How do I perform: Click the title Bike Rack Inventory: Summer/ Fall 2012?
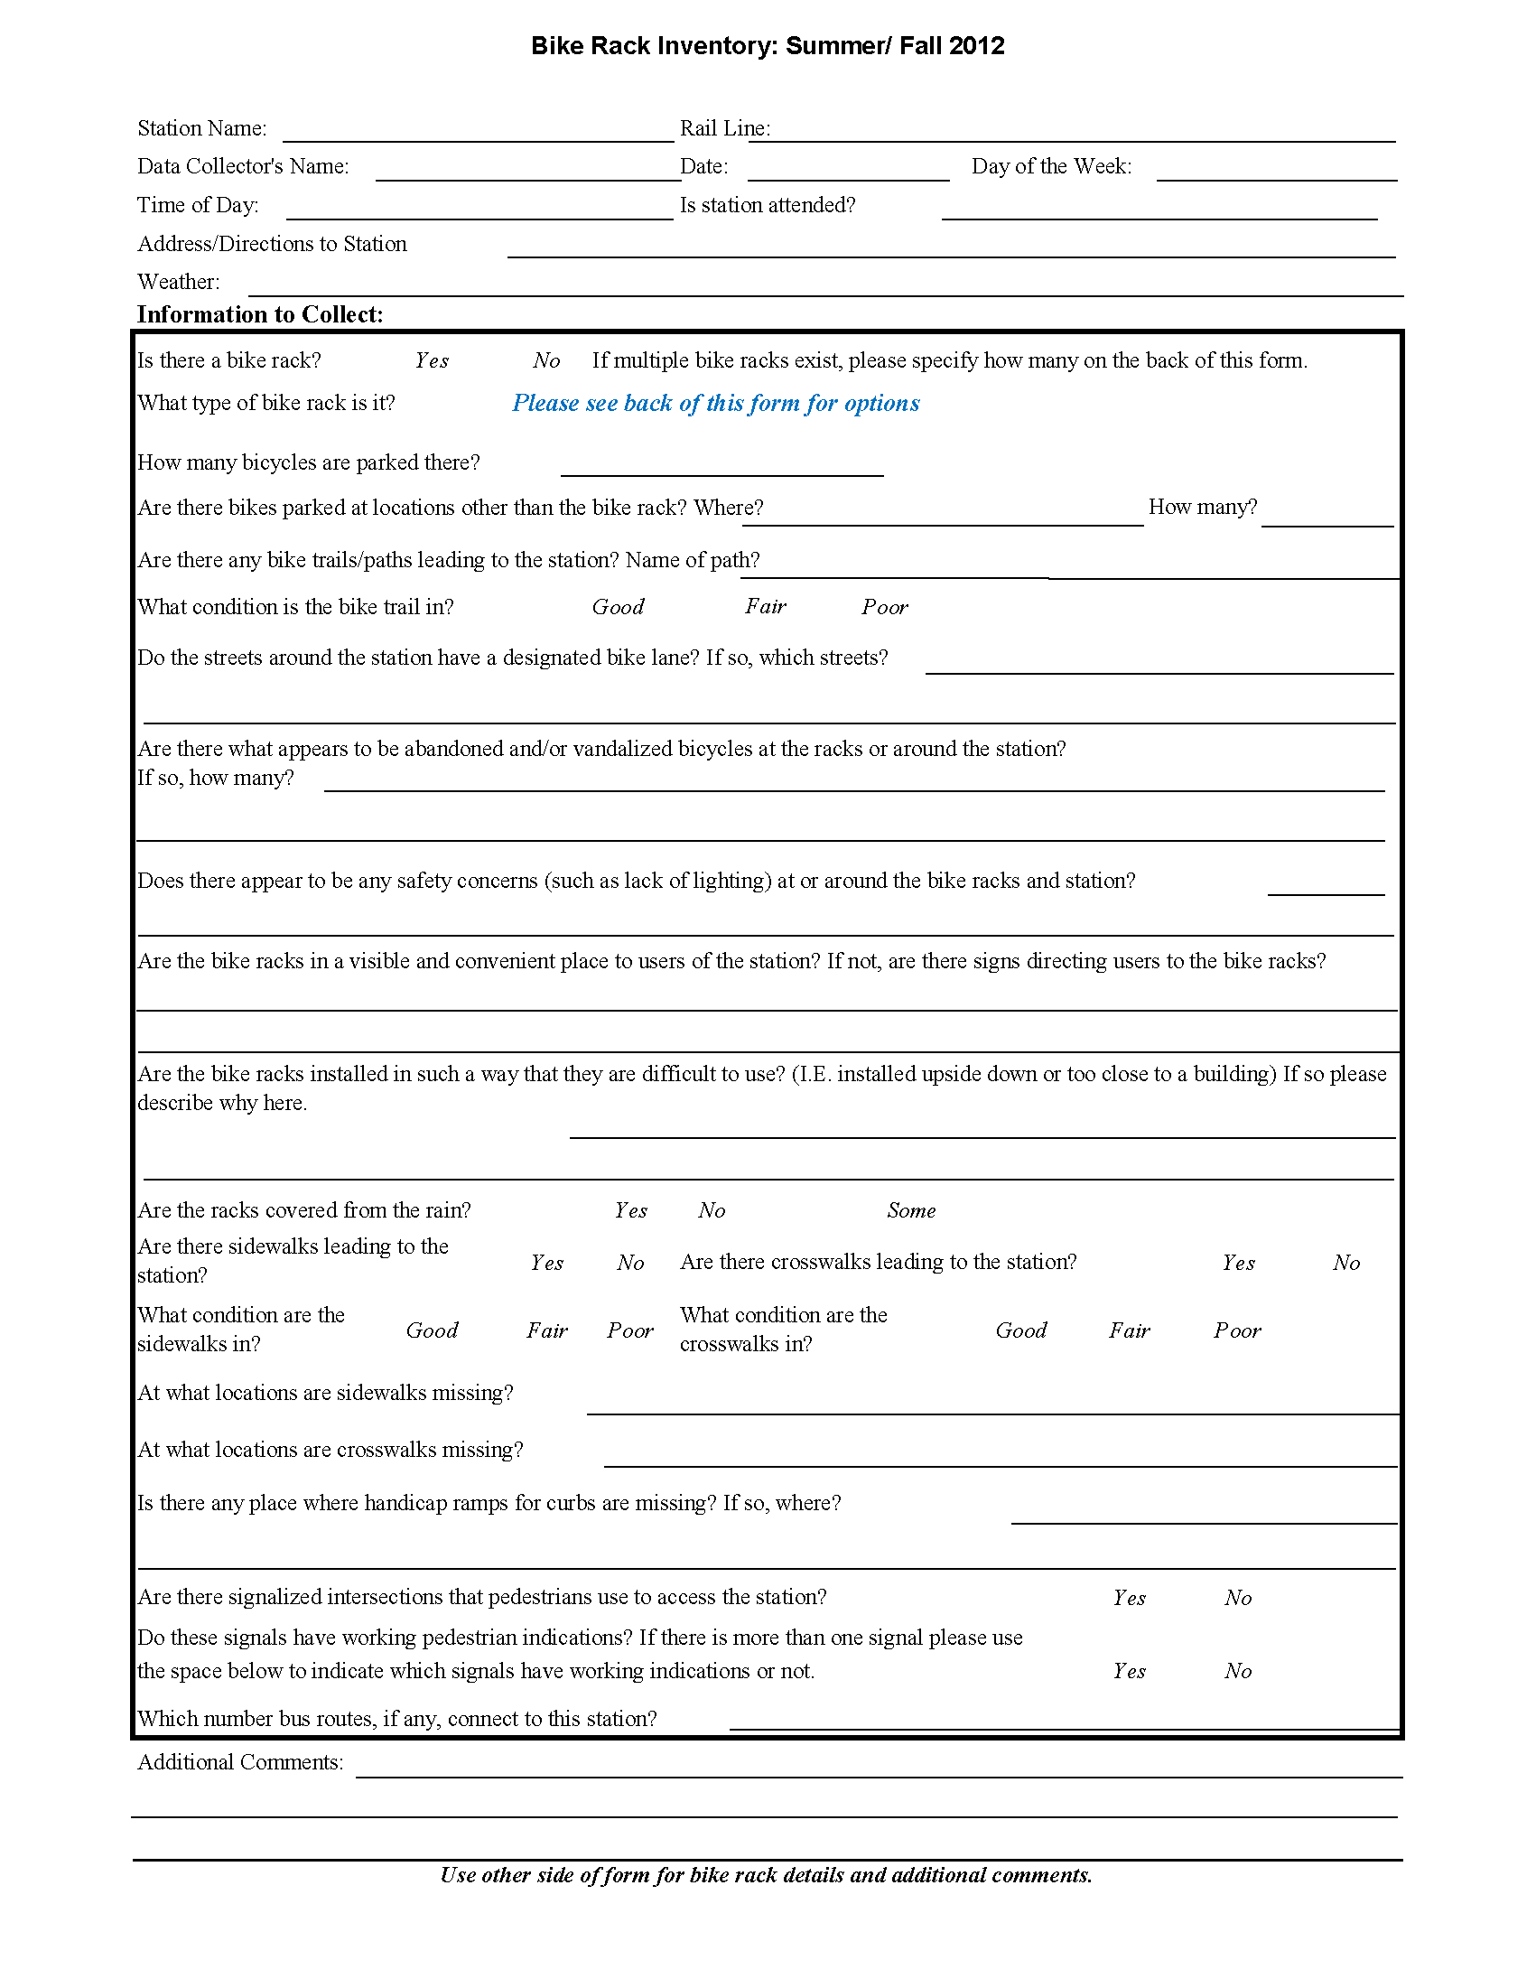click(767, 45)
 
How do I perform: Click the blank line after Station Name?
click(478, 132)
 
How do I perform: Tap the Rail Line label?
click(724, 128)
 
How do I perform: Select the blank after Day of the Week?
click(1276, 171)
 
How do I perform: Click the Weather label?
click(179, 282)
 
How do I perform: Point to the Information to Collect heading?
click(260, 315)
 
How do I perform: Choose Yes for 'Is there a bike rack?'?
click(432, 361)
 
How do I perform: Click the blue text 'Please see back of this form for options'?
click(715, 403)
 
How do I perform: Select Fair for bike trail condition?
click(765, 607)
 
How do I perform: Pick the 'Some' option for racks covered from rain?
click(911, 1210)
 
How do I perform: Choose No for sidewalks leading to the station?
click(630, 1263)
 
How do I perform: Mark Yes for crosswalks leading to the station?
click(1238, 1263)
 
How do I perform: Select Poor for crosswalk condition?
click(1236, 1330)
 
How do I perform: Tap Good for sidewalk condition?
click(432, 1330)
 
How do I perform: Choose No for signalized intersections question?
click(1237, 1598)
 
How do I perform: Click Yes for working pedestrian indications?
click(1129, 1671)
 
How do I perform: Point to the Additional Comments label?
click(240, 1762)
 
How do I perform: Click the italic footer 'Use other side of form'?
click(766, 1875)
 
